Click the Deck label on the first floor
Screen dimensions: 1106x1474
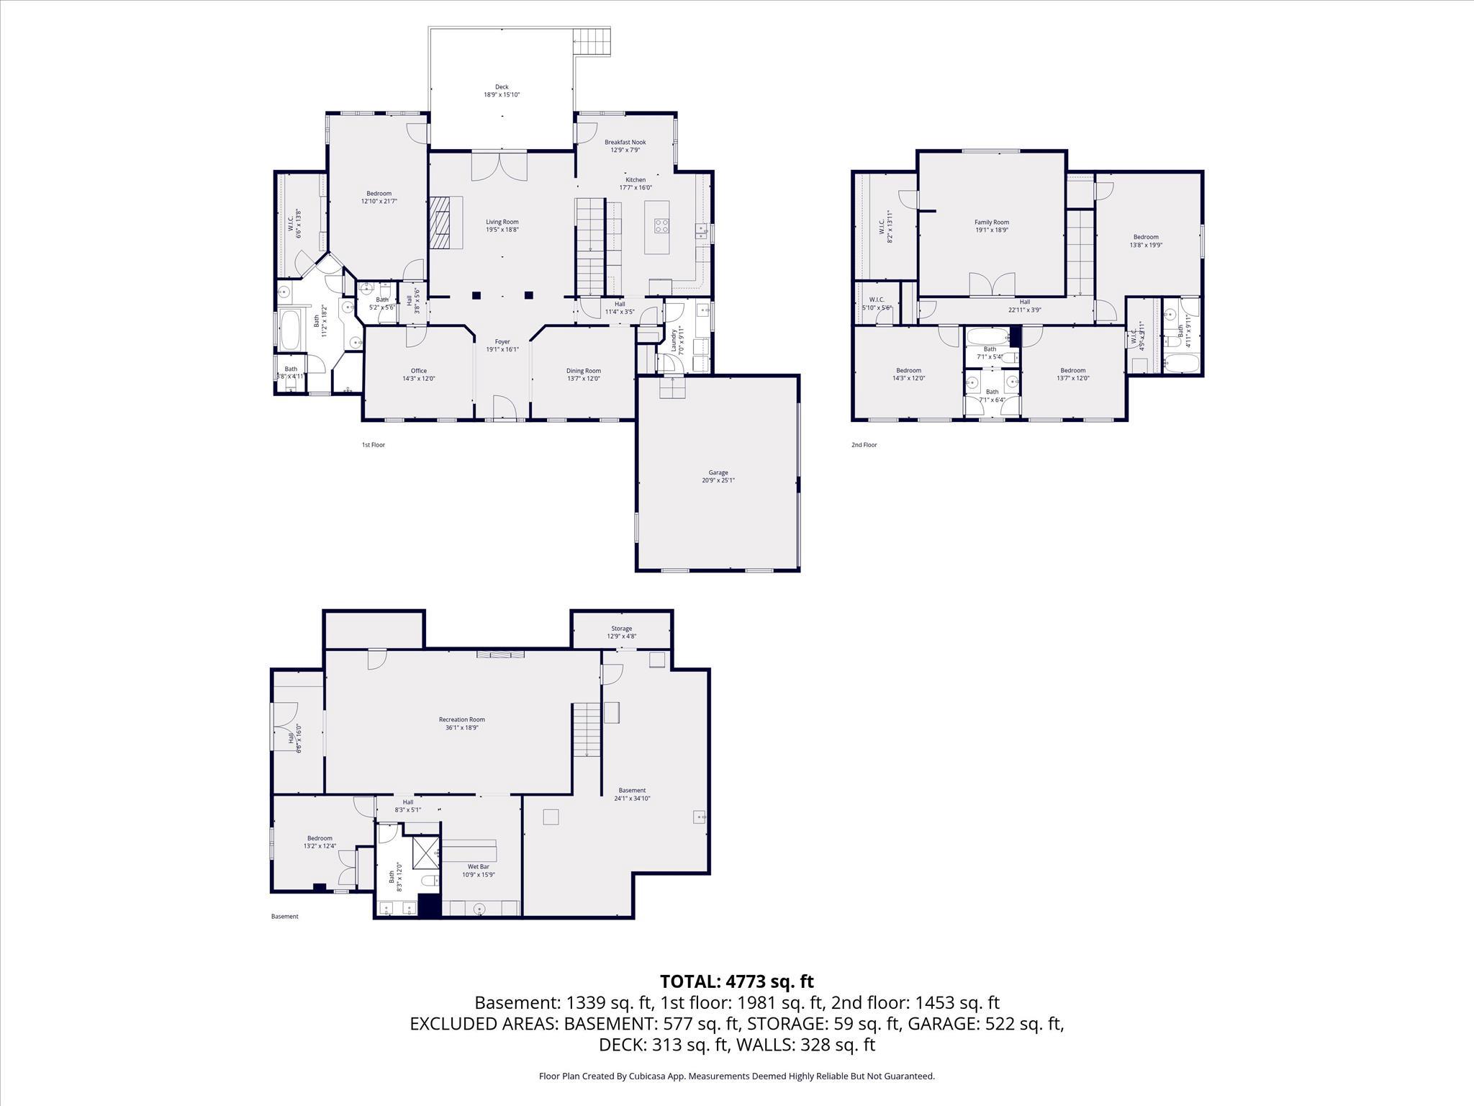tap(502, 87)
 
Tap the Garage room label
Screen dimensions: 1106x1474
tap(718, 473)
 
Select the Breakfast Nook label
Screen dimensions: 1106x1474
tap(625, 143)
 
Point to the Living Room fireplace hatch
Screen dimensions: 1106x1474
tap(440, 222)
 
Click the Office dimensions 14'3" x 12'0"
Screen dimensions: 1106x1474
tap(418, 379)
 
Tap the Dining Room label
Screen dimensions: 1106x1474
tap(583, 371)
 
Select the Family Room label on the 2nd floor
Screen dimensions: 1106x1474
tap(992, 222)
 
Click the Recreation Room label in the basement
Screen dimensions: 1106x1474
tap(462, 719)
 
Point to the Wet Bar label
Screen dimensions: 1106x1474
tap(478, 867)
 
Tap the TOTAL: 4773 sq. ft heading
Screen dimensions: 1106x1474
tap(736, 981)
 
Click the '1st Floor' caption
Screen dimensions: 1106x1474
tap(373, 445)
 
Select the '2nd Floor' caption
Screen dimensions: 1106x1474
tap(864, 445)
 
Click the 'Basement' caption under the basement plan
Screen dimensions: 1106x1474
tap(284, 917)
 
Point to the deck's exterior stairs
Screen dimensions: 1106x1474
tap(593, 42)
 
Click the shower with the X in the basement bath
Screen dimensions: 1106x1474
tap(426, 853)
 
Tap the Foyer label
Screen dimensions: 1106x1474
tap(502, 342)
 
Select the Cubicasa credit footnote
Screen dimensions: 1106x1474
tap(736, 1076)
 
